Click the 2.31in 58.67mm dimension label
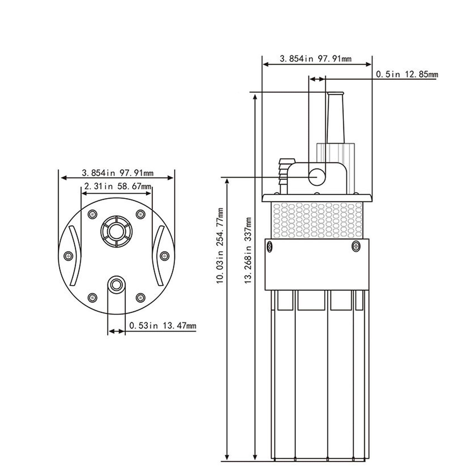(x=118, y=187)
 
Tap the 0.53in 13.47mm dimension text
(x=163, y=326)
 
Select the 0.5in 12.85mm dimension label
(x=407, y=74)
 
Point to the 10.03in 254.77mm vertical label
(x=220, y=246)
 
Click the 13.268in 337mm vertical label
(x=248, y=250)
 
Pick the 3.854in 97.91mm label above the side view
(x=316, y=59)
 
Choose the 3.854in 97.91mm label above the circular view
(x=118, y=173)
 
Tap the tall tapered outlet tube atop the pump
(x=335, y=118)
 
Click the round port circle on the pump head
(x=317, y=177)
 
